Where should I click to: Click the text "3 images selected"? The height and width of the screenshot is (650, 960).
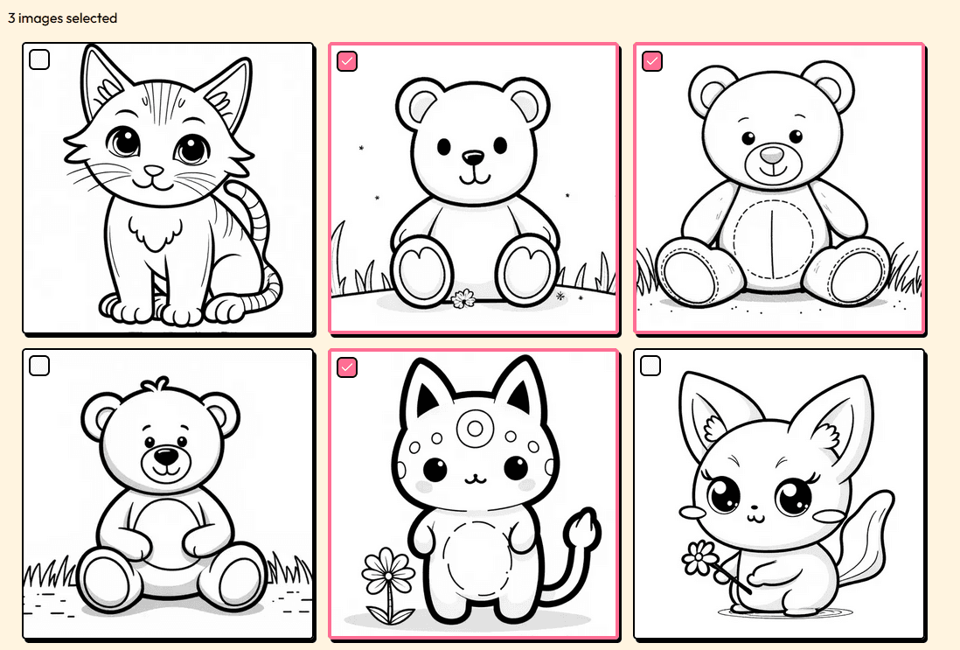[62, 18]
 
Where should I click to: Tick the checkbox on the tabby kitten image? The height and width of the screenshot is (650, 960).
[39, 59]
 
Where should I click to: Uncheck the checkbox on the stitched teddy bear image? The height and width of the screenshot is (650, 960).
[652, 60]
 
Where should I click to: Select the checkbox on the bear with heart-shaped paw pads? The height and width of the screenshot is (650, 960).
[347, 60]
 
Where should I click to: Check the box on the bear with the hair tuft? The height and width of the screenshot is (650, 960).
[39, 366]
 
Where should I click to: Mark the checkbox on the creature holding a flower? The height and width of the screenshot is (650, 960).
[650, 366]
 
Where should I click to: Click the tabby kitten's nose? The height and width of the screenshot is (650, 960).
[154, 171]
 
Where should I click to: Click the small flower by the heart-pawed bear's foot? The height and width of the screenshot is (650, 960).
[463, 299]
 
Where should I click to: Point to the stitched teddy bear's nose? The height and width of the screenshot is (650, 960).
[772, 156]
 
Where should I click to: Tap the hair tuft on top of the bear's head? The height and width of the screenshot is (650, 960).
[158, 387]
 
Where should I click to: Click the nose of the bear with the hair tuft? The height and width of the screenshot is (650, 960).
[164, 456]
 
